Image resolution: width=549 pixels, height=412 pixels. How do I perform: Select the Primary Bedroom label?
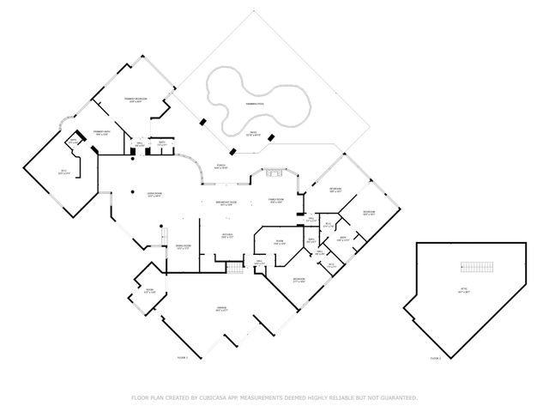136,100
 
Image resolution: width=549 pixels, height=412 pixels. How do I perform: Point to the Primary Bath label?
102,133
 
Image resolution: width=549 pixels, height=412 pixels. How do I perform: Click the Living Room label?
155,196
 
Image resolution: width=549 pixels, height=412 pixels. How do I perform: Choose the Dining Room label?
183,247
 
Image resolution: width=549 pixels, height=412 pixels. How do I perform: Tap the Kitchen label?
228,234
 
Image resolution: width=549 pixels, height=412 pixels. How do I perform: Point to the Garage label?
221,308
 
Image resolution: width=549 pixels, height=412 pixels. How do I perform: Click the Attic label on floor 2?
464,292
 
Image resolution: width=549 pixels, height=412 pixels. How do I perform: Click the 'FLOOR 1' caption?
182,357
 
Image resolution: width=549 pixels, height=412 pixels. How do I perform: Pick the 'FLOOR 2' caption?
435,357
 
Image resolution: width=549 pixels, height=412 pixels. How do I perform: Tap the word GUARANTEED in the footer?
395,397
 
